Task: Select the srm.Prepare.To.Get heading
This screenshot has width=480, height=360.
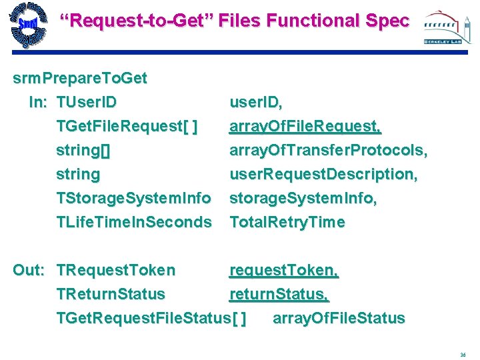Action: pos(80,79)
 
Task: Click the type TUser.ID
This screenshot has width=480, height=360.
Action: pos(87,103)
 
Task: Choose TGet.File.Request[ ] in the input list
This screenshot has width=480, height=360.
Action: pos(127,127)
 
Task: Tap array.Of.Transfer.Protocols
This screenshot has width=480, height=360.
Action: pos(328,151)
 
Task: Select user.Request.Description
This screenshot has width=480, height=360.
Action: pos(323,175)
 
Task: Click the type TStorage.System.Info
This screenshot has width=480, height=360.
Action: pos(134,199)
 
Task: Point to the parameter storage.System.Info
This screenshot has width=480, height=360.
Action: pos(303,199)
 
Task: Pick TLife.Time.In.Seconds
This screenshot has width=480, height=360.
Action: pos(134,223)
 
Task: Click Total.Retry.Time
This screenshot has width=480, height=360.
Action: pos(287,223)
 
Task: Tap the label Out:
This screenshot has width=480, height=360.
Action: pos(29,271)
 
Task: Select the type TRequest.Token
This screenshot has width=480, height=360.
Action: pos(116,271)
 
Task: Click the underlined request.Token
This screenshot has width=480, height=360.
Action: pos(284,271)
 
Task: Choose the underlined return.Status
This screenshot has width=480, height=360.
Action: pos(279,295)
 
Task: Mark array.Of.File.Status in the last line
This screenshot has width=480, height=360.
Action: pos(339,319)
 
